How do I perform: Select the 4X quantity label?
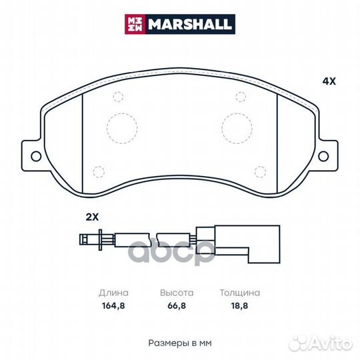tap(329, 82)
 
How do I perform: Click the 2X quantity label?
tap(91, 217)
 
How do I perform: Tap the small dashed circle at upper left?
tap(119, 97)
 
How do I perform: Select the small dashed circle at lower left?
tap(99, 170)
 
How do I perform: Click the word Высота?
tap(177, 293)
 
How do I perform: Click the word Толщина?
tap(240, 293)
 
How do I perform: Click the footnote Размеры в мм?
tap(179, 342)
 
